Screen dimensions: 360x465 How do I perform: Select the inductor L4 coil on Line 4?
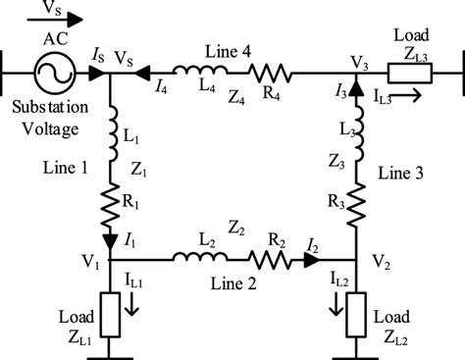point(197,71)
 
